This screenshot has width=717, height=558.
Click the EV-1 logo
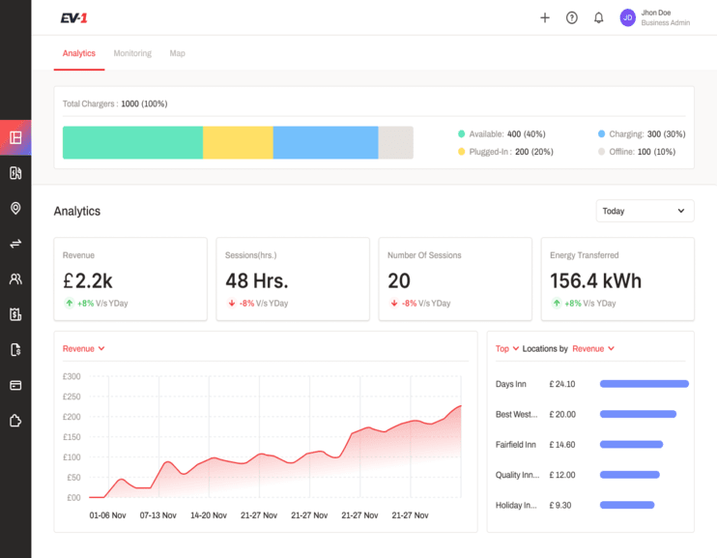(x=73, y=17)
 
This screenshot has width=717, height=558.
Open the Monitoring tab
(x=132, y=53)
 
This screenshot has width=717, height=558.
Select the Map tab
(x=178, y=53)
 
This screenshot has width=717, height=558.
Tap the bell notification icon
(x=598, y=17)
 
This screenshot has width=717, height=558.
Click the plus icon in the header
(x=545, y=17)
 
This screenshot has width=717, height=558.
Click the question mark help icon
(x=572, y=17)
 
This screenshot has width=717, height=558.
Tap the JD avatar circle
(x=628, y=17)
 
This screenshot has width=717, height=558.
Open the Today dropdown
(x=645, y=211)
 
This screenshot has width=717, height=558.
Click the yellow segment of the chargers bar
(x=238, y=143)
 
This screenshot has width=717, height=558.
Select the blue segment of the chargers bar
(x=326, y=143)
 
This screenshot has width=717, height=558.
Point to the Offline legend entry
(x=637, y=152)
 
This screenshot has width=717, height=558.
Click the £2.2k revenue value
(x=87, y=280)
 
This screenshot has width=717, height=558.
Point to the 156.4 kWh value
(x=595, y=280)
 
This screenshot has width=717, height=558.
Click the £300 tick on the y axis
(x=72, y=376)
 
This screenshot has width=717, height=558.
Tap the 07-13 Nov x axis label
(x=158, y=515)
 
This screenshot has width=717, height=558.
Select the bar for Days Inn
(x=645, y=384)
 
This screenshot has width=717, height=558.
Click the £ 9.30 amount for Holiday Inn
(x=560, y=506)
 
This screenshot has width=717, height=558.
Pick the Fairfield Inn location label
(x=515, y=445)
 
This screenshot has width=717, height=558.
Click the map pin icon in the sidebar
(x=15, y=208)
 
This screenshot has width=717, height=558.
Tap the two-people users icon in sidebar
(x=15, y=279)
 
